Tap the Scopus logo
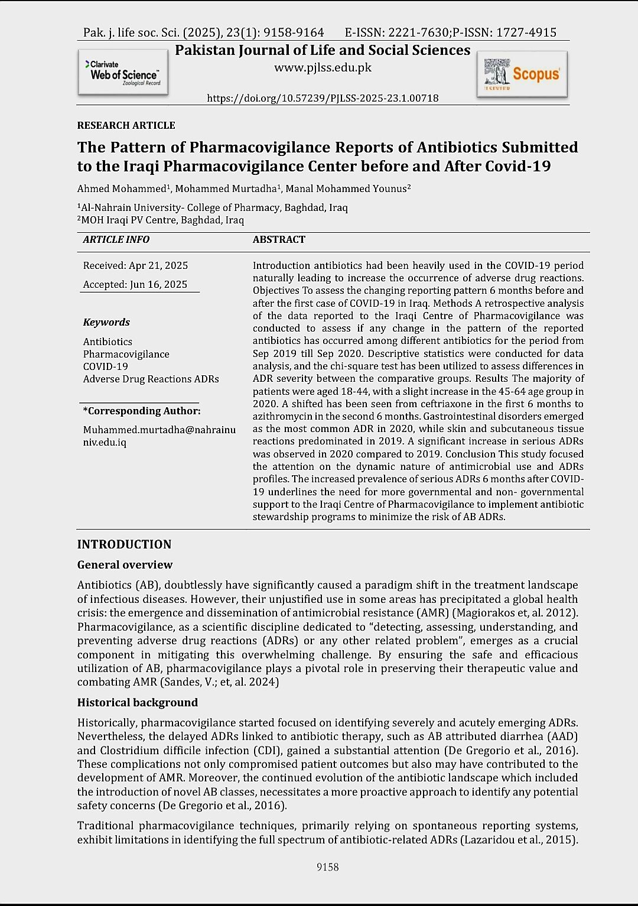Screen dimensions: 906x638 [x=522, y=74]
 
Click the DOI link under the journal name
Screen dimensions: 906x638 [x=323, y=98]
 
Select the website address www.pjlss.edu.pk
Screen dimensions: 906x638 [x=323, y=67]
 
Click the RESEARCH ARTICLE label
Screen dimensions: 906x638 [x=126, y=125]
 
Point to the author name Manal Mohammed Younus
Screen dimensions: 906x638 [x=347, y=189]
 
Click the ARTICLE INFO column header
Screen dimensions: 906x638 [x=116, y=239]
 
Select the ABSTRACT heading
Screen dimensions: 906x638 [x=279, y=239]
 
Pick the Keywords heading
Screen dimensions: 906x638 [x=106, y=322]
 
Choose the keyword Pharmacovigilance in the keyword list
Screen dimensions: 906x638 [x=126, y=354]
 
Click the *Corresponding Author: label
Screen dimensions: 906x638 [x=142, y=411]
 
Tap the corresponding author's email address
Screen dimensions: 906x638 [x=159, y=436]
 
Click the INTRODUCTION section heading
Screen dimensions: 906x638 [x=124, y=544]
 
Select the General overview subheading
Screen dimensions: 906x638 [x=125, y=565]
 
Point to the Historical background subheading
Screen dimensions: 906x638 [x=137, y=703]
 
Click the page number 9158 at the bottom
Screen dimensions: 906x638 [x=328, y=867]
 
